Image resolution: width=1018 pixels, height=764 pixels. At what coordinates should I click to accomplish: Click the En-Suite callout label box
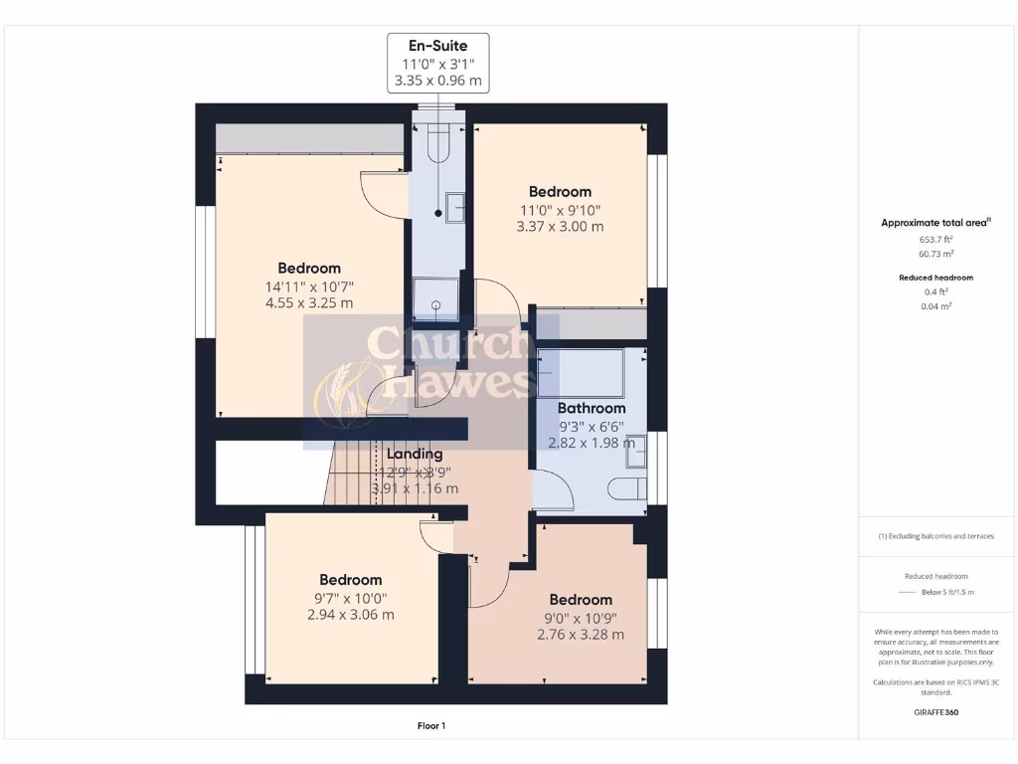(437, 65)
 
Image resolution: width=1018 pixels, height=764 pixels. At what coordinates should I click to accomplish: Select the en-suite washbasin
(454, 206)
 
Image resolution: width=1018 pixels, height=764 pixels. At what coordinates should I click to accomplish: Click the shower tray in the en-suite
(434, 298)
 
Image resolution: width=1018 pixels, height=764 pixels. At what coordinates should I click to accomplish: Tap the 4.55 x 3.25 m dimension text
(309, 303)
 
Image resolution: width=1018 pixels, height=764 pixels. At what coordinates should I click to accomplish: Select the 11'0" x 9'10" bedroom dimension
(560, 209)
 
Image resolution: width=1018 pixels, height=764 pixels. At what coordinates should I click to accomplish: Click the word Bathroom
(591, 408)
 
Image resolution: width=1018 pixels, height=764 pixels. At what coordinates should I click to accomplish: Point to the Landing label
(414, 454)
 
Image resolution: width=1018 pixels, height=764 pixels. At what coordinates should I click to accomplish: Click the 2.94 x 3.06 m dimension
(351, 615)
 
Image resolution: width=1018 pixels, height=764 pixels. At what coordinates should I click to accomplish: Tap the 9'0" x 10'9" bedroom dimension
(581, 617)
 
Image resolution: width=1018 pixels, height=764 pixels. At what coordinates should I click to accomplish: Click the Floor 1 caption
(430, 726)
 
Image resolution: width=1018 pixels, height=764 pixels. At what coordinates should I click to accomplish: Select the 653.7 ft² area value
(934, 240)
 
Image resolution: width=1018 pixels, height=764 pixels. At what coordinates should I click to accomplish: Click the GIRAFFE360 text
(934, 712)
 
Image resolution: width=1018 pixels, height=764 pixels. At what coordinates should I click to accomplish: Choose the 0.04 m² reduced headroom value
(934, 306)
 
